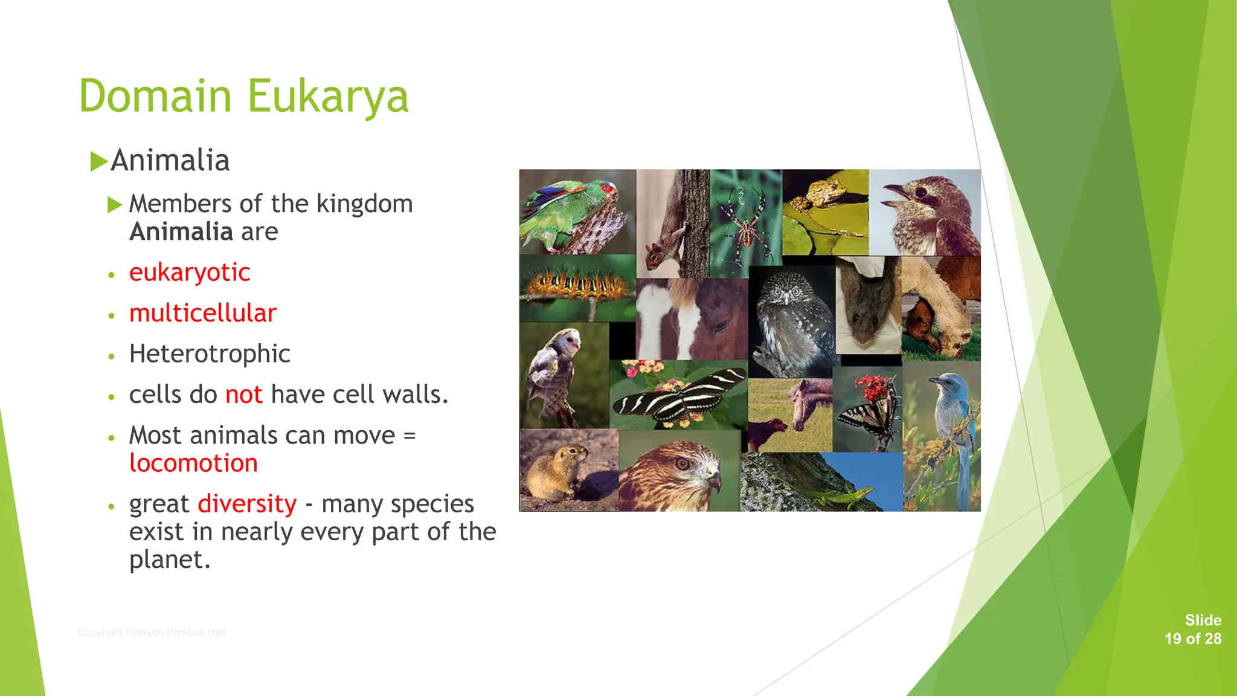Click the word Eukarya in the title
coord(328,97)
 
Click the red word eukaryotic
coord(189,272)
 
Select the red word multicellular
coord(202,313)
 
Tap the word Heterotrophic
coord(210,354)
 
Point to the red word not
coord(243,395)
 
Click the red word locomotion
coord(193,463)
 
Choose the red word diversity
coord(247,504)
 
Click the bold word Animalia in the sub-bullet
coord(181,232)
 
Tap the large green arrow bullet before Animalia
coord(99,161)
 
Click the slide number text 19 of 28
coord(1192,639)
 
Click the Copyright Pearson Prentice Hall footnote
coord(152,633)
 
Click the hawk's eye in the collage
coord(683,464)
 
